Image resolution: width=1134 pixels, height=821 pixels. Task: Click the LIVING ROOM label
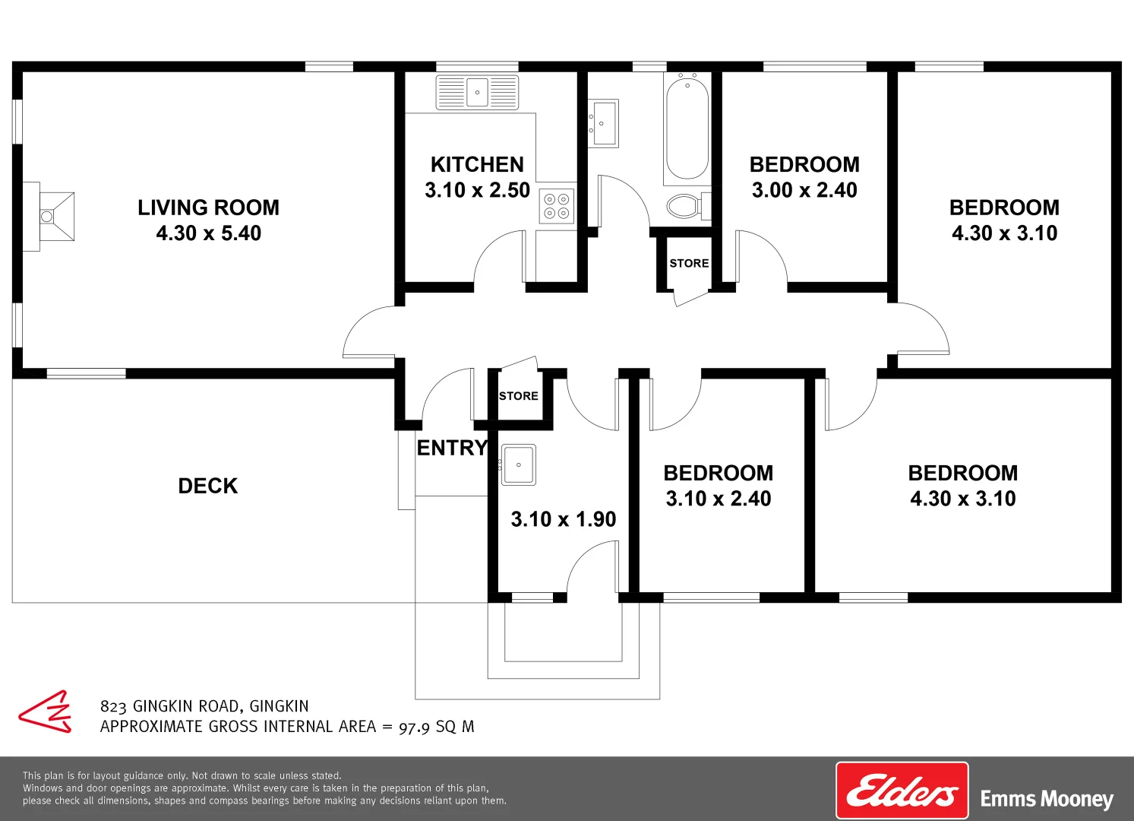(208, 208)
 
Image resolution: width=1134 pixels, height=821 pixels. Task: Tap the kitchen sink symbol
(477, 92)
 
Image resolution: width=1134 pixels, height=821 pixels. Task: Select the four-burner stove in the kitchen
(557, 205)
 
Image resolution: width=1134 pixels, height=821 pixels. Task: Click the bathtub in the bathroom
(687, 128)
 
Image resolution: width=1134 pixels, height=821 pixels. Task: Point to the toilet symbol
(686, 205)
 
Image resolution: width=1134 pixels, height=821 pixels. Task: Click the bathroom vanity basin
(604, 122)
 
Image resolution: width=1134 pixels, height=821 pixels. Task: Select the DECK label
(207, 486)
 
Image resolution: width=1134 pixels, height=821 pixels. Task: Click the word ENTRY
(452, 448)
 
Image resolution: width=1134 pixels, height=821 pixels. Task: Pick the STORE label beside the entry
(519, 396)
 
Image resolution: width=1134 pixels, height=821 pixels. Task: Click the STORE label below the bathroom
(689, 263)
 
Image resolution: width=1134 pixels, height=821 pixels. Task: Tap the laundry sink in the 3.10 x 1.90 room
(519, 464)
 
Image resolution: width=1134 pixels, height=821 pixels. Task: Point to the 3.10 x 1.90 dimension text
(563, 519)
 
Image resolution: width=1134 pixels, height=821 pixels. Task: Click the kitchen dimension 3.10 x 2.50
(477, 190)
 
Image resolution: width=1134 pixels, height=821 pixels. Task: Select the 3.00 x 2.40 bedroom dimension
(804, 190)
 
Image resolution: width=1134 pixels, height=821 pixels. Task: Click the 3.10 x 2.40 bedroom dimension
(718, 499)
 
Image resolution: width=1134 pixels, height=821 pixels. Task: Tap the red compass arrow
(46, 712)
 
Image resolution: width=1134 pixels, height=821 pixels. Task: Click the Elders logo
(902, 791)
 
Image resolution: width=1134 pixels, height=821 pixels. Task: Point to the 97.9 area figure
(414, 727)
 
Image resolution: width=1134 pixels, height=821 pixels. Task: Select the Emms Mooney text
(1047, 799)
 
